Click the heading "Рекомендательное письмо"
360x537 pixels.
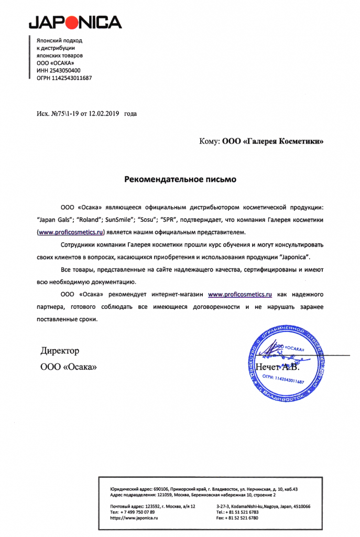click(180, 179)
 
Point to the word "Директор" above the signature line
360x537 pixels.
click(60, 350)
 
